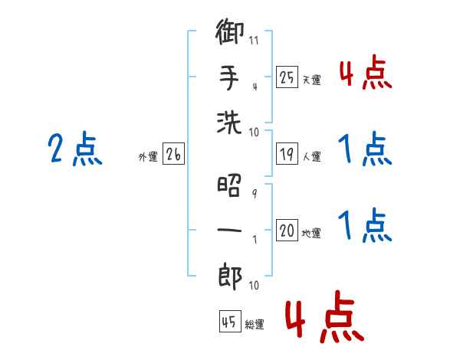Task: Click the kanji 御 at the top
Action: (229, 31)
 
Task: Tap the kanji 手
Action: (229, 78)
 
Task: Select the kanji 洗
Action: (229, 123)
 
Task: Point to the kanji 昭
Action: (229, 185)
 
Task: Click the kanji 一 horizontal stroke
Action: (229, 230)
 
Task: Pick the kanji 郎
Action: (230, 277)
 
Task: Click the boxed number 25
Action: (287, 77)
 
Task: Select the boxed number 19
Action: (287, 154)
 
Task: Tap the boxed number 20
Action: (287, 230)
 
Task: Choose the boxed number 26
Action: (173, 154)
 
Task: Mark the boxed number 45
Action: (230, 321)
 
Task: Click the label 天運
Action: (312, 80)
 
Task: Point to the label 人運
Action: (312, 156)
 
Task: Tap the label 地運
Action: (311, 233)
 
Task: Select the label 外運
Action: (148, 156)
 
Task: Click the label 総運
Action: (255, 324)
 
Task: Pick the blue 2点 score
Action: (75, 149)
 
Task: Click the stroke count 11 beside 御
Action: (254, 40)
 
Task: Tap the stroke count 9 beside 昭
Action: (255, 193)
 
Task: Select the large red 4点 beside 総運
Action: (325, 316)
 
